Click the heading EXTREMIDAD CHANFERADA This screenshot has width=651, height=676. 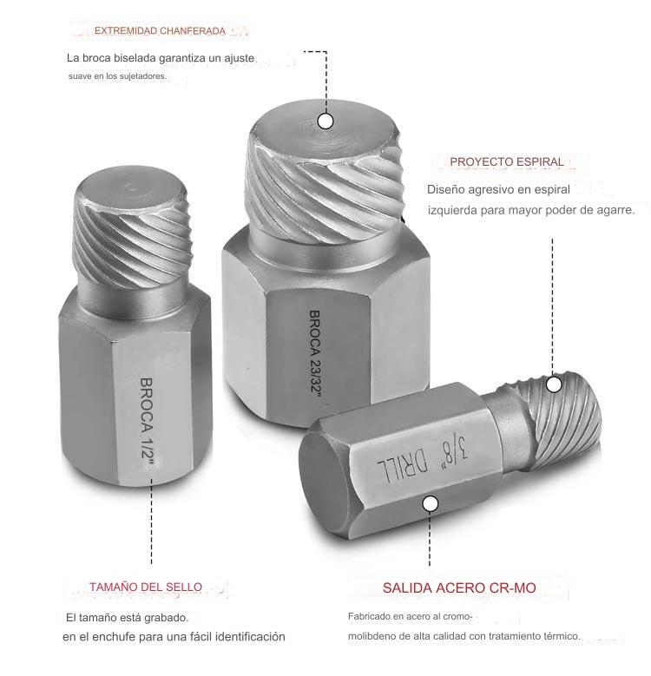(160, 31)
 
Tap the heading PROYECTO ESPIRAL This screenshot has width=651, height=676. (507, 162)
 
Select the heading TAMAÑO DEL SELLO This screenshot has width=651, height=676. (146, 587)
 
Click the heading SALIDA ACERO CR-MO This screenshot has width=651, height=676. (459, 588)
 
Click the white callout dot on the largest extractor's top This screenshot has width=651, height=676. (325, 121)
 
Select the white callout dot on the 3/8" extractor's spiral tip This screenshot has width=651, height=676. (554, 384)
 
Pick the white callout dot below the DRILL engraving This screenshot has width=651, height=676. (430, 503)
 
